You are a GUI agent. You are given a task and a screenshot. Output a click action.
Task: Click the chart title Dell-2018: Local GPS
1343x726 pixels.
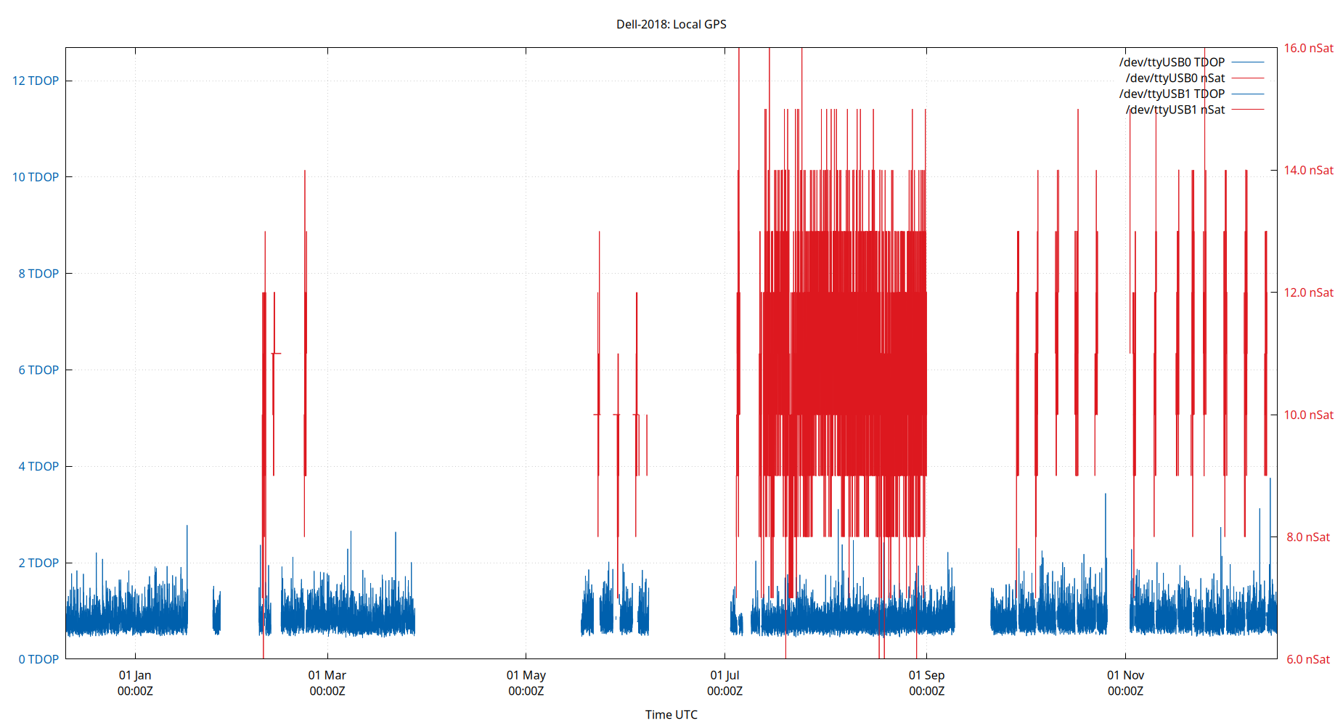pyautogui.click(x=671, y=24)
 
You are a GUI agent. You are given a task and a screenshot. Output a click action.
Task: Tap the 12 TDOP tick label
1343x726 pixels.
pyautogui.click(x=36, y=81)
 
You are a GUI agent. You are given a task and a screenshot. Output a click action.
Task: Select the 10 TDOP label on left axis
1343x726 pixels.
pyautogui.click(x=36, y=177)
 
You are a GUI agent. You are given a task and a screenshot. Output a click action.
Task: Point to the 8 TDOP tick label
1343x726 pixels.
pyautogui.click(x=38, y=274)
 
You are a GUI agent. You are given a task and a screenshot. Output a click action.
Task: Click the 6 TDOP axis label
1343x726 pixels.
pyautogui.click(x=38, y=370)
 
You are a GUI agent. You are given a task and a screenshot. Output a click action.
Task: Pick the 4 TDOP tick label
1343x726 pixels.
pyautogui.click(x=38, y=466)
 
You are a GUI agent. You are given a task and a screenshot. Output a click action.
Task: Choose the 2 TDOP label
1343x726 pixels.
pyautogui.click(x=38, y=563)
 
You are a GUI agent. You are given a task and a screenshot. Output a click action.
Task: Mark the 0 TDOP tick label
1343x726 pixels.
pyautogui.click(x=38, y=659)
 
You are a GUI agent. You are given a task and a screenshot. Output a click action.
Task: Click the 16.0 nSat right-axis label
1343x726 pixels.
pyautogui.click(x=1308, y=48)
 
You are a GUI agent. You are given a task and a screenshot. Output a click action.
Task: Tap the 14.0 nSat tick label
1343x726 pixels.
pyautogui.click(x=1308, y=171)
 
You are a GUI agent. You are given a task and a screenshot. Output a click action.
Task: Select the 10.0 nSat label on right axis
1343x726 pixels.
pyautogui.click(x=1308, y=415)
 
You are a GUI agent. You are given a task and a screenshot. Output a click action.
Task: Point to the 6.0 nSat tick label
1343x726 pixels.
pyautogui.click(x=1308, y=659)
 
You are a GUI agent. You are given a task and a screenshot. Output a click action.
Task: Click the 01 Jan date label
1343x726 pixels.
pyautogui.click(x=135, y=675)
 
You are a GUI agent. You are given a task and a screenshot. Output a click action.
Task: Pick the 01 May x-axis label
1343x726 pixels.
pyautogui.click(x=526, y=675)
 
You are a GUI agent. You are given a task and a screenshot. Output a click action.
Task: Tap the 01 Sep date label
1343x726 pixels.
pyautogui.click(x=926, y=675)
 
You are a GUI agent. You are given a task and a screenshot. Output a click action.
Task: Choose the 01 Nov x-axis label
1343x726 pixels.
pyautogui.click(x=1125, y=675)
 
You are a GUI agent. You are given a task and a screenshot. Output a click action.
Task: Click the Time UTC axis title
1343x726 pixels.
pyautogui.click(x=671, y=714)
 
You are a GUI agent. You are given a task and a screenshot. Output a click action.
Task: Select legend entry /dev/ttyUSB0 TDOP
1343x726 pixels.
pyautogui.click(x=1172, y=62)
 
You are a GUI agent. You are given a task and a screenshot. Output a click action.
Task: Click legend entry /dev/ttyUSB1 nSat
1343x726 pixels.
pyautogui.click(x=1175, y=110)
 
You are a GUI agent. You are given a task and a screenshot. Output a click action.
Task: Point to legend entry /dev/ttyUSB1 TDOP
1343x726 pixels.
pyautogui.click(x=1172, y=94)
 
